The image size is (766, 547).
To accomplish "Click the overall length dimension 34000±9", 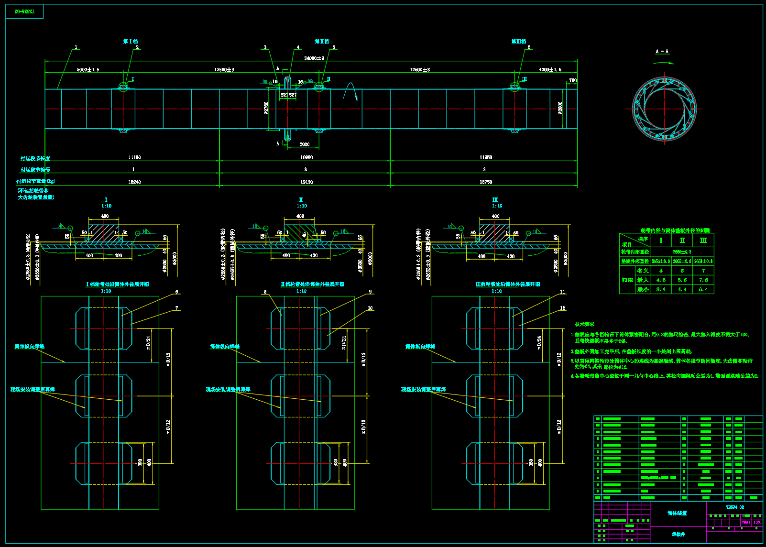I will (314, 58).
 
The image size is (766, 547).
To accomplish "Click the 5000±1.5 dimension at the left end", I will (88, 70).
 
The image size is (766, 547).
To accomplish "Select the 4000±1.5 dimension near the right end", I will (550, 70).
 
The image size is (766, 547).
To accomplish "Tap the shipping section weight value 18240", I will (134, 182).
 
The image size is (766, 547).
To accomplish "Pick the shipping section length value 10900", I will (306, 157).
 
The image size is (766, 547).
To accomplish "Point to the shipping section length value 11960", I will (485, 157).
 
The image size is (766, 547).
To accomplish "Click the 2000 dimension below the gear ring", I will (304, 144).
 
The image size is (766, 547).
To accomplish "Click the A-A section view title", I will (662, 52).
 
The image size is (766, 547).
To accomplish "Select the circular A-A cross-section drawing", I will (664, 109).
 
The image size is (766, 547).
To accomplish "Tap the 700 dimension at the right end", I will (572, 81).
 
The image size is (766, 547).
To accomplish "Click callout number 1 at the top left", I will (76, 48).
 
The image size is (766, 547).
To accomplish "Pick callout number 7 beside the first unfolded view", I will (177, 308).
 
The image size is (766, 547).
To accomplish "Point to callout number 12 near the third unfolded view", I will (562, 308).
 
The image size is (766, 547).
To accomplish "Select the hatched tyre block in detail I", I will (103, 233).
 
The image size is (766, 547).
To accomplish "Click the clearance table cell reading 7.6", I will (703, 280).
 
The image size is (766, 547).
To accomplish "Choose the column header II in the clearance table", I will (682, 241).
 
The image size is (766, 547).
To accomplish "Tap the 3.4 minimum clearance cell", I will (661, 289).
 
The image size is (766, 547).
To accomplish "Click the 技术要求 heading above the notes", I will (584, 324).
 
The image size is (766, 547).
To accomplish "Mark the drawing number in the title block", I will (734, 507).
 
